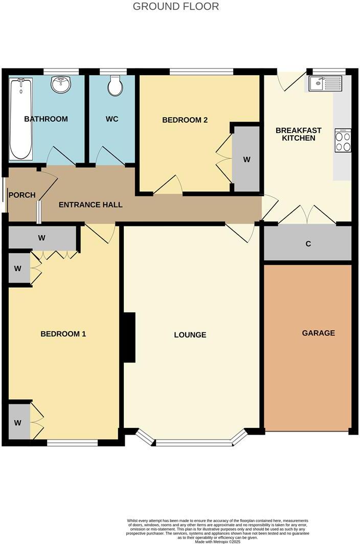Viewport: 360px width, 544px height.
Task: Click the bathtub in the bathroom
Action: click(x=20, y=118)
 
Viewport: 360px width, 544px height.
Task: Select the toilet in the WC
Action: click(x=115, y=87)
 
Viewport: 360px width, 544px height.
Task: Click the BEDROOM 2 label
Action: click(x=185, y=120)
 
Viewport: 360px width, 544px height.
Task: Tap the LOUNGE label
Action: click(x=190, y=335)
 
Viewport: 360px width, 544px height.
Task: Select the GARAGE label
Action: click(x=318, y=333)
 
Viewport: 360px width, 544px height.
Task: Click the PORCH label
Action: click(x=22, y=195)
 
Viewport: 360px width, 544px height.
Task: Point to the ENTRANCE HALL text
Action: click(x=91, y=205)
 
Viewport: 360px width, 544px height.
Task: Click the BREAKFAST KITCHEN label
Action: click(x=299, y=134)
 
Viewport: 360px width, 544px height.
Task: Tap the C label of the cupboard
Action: click(x=308, y=244)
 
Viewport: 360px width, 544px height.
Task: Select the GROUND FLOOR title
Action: click(x=176, y=7)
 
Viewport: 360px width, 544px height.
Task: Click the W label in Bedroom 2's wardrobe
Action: click(x=246, y=160)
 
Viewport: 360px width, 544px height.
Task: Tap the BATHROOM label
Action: click(x=46, y=119)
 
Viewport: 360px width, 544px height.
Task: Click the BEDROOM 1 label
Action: click(x=63, y=334)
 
